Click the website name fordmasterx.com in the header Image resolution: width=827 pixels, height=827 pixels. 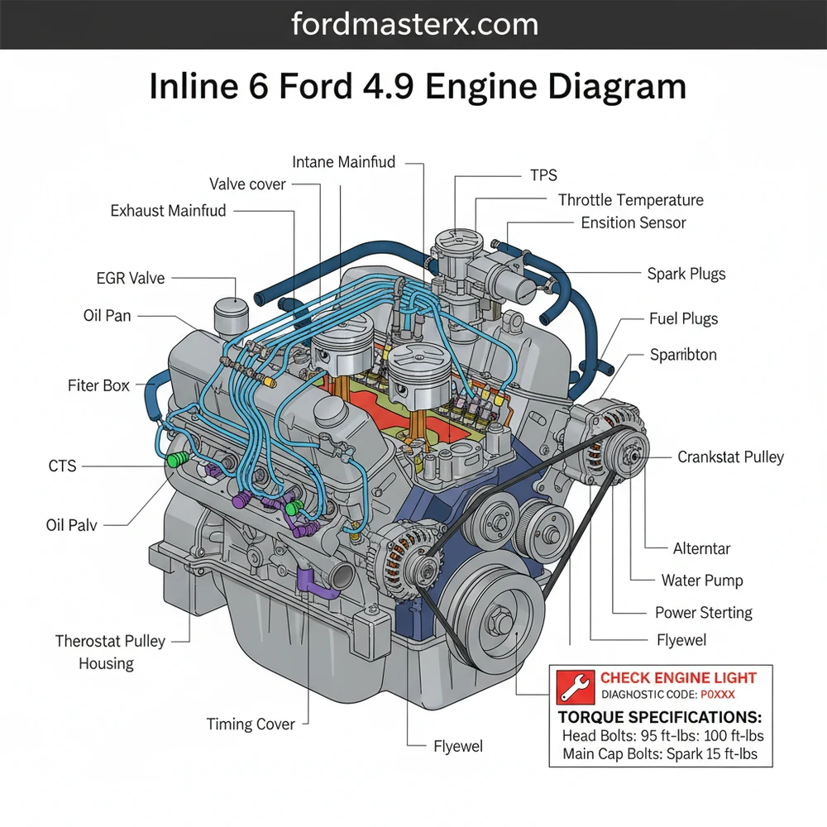(414, 24)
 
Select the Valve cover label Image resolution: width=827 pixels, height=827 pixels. (247, 184)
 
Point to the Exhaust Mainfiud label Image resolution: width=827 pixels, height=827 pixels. (168, 211)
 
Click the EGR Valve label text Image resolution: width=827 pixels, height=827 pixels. (130, 279)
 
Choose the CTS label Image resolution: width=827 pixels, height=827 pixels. (62, 466)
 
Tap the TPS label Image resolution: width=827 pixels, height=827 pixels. (543, 174)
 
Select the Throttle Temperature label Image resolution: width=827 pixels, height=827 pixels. (630, 200)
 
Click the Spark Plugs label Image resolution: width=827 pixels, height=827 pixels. (686, 274)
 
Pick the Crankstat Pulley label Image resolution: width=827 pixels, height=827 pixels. (730, 457)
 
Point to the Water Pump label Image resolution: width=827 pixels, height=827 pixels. (701, 581)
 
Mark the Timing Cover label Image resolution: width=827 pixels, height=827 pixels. (251, 724)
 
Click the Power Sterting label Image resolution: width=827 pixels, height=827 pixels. (703, 613)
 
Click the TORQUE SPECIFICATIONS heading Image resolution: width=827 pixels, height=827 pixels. (660, 717)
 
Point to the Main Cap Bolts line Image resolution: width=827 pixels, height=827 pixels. (659, 753)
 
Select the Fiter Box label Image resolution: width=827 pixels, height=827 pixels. (98, 385)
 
